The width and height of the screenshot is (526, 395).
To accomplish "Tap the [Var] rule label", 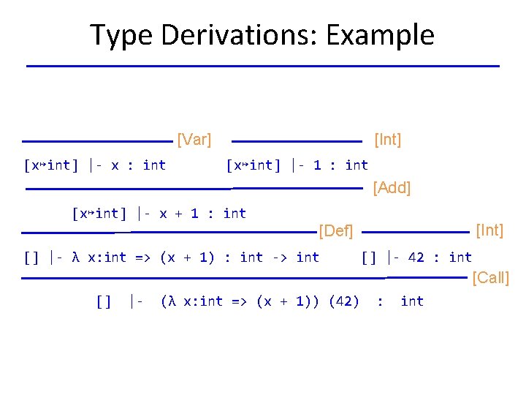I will pyautogui.click(x=194, y=139).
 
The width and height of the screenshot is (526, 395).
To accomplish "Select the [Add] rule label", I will pyautogui.click(x=392, y=188).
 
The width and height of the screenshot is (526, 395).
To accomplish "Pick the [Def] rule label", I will pyautogui.click(x=336, y=232).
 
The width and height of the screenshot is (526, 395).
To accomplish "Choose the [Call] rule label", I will pyautogui.click(x=491, y=277).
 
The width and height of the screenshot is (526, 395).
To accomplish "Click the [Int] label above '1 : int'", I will pyautogui.click(x=387, y=139).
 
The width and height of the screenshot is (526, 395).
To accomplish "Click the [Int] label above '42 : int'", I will pyautogui.click(x=489, y=230).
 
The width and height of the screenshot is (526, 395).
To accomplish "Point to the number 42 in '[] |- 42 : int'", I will pyautogui.click(x=416, y=257).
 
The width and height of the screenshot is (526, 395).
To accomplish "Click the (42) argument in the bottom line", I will pyautogui.click(x=344, y=301).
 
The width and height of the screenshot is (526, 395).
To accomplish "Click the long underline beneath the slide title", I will pyautogui.click(x=263, y=67).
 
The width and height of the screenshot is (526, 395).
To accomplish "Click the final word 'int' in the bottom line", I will pyautogui.click(x=412, y=301).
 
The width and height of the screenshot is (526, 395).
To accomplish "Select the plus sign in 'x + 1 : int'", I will pyautogui.click(x=180, y=214).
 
